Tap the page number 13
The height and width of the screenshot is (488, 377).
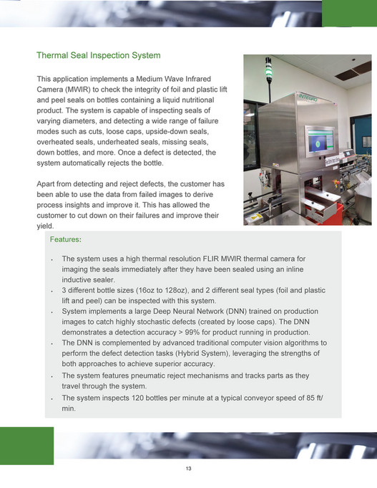click(188, 469)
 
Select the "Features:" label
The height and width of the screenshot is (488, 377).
click(65, 239)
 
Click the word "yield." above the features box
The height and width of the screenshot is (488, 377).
click(46, 226)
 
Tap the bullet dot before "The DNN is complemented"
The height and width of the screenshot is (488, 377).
click(53, 344)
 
